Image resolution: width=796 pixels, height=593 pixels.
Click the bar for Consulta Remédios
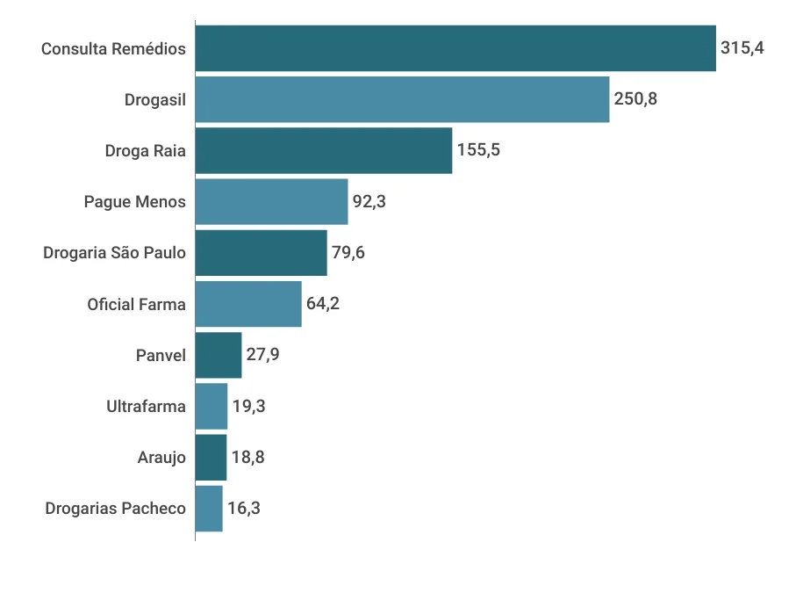click(x=455, y=48)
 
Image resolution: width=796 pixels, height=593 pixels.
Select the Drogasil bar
click(x=402, y=99)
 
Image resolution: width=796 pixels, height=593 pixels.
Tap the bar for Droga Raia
click(x=324, y=150)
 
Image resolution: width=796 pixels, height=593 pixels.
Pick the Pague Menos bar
click(x=271, y=201)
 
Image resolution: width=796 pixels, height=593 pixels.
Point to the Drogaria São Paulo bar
click(x=261, y=253)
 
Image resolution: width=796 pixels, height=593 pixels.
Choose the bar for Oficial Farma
click(x=248, y=304)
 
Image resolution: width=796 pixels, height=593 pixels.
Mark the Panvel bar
click(x=219, y=355)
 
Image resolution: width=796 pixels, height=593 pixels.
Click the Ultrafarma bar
click(x=212, y=406)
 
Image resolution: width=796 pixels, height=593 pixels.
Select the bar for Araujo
click(x=211, y=457)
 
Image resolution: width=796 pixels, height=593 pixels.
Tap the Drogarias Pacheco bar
click(x=209, y=508)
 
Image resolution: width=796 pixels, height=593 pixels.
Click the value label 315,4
click(x=742, y=48)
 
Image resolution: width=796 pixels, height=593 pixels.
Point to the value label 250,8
click(x=635, y=99)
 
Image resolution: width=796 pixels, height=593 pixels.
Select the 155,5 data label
click(x=478, y=150)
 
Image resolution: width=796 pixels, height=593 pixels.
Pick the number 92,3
click(x=369, y=201)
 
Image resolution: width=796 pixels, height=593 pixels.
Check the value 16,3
click(x=244, y=508)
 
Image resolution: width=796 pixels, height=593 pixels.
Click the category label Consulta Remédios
click(x=113, y=49)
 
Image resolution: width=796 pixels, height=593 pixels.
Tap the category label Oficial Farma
click(x=136, y=305)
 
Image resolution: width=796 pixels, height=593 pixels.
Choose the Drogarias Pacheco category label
click(x=115, y=509)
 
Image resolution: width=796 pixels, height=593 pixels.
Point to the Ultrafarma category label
click(x=146, y=407)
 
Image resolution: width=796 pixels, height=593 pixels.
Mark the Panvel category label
click(x=161, y=356)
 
